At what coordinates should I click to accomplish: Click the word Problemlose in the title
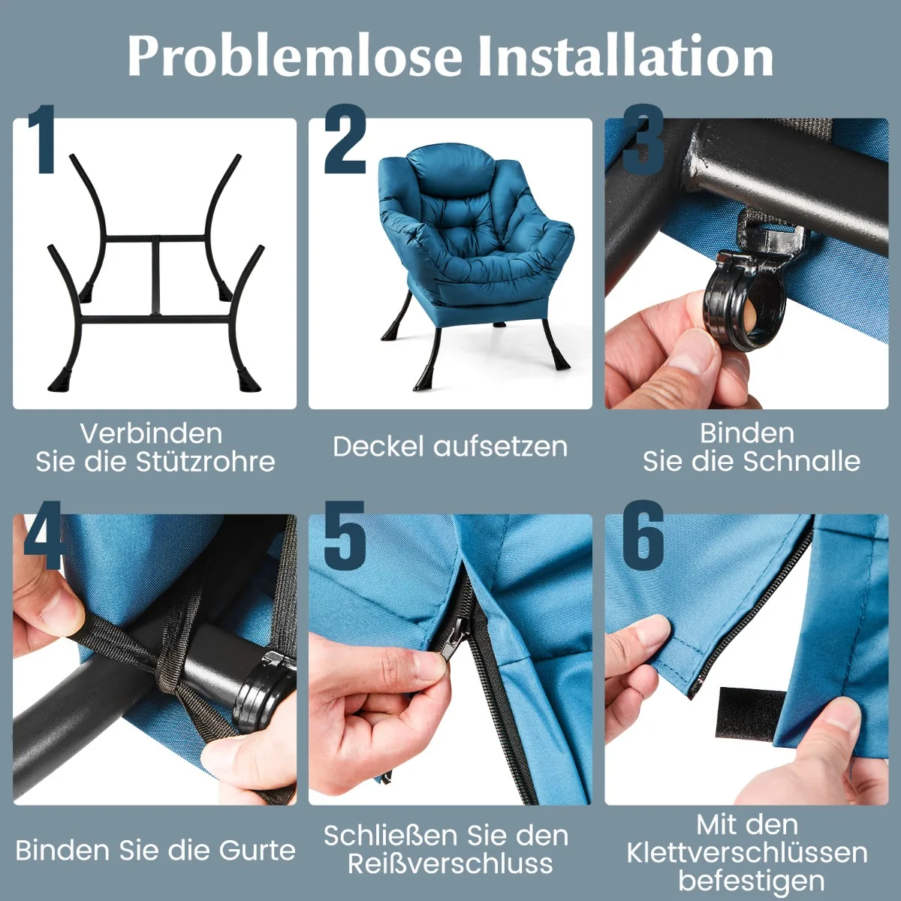coord(295,56)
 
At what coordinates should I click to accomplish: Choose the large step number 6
coord(643,535)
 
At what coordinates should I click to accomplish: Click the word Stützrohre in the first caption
coord(206,462)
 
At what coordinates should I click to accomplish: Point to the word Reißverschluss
coord(450,864)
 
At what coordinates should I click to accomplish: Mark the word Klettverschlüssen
coord(747,852)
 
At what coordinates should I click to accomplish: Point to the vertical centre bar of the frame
coord(155,276)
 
